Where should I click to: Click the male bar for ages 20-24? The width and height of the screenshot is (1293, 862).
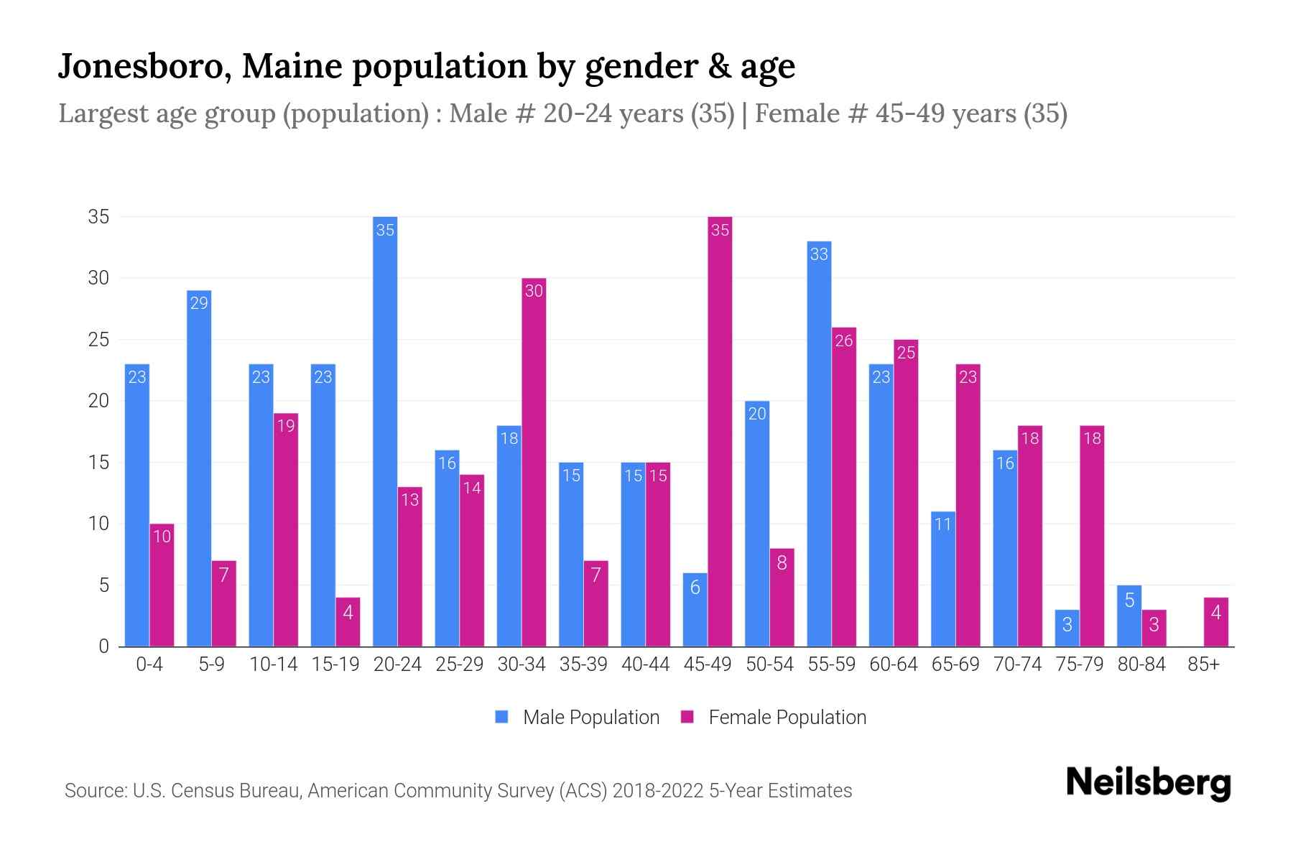(385, 431)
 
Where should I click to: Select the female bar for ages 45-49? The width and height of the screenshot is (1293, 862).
(720, 431)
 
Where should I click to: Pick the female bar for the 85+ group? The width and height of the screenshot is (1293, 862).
(1216, 622)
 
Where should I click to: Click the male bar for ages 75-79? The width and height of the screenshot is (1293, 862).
(1067, 629)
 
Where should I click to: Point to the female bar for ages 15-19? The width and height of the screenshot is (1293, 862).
(348, 622)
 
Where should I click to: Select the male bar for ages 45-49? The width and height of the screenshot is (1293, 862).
(695, 610)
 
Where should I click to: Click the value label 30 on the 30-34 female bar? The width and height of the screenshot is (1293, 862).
(534, 291)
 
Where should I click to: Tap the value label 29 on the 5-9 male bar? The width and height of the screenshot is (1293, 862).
(199, 303)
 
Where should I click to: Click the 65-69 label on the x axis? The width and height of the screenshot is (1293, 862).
(955, 664)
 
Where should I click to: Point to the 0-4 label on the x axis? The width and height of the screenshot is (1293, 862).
(149, 664)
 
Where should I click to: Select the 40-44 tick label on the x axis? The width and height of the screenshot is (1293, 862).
(645, 664)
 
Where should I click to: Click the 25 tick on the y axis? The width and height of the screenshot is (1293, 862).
(98, 340)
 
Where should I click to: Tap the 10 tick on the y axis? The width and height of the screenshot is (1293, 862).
(98, 524)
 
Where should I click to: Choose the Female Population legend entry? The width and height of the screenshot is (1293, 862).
(774, 717)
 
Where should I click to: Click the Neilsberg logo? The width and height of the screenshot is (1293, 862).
(1148, 783)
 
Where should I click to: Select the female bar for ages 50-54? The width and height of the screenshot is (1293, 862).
(782, 598)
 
